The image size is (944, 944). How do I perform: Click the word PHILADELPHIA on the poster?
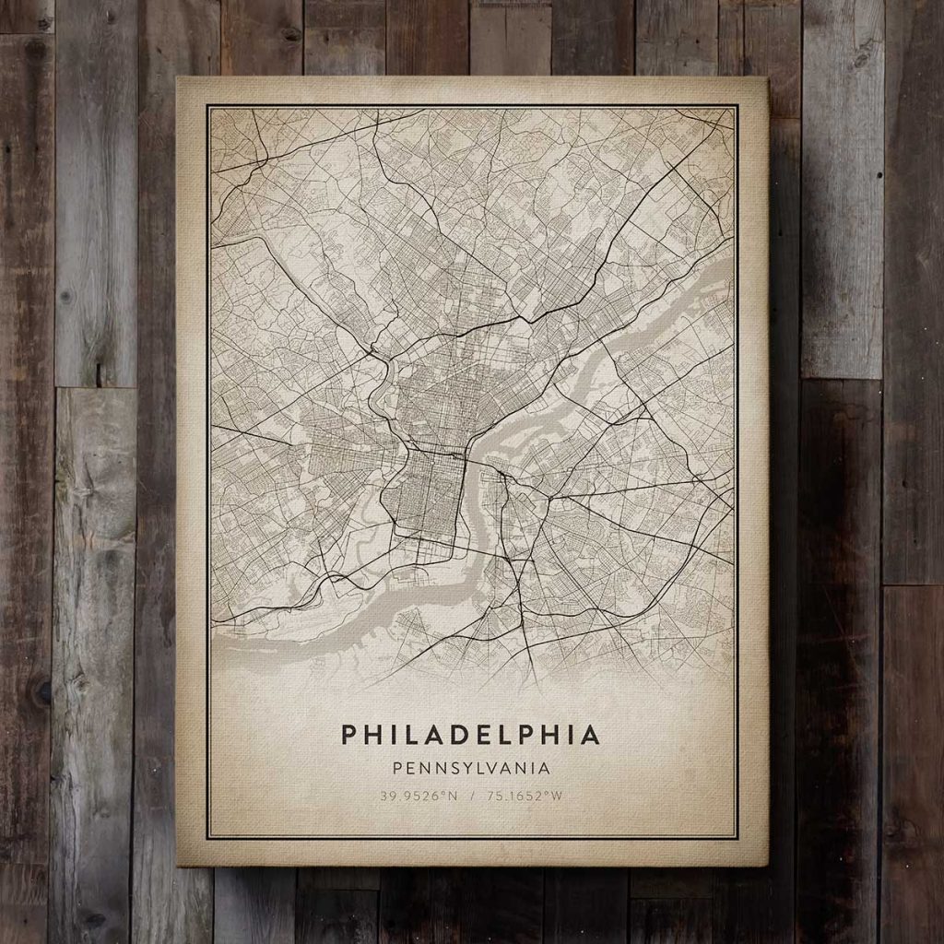click(x=471, y=734)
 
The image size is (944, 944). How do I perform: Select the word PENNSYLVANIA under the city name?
click(x=471, y=767)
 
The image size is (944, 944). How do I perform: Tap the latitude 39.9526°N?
click(x=411, y=796)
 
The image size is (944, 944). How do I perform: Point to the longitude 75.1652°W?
click(x=529, y=796)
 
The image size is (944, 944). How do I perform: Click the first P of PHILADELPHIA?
click(x=348, y=734)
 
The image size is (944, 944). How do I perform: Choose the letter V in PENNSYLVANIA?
click(x=495, y=767)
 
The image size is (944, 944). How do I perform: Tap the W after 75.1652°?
click(x=556, y=796)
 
